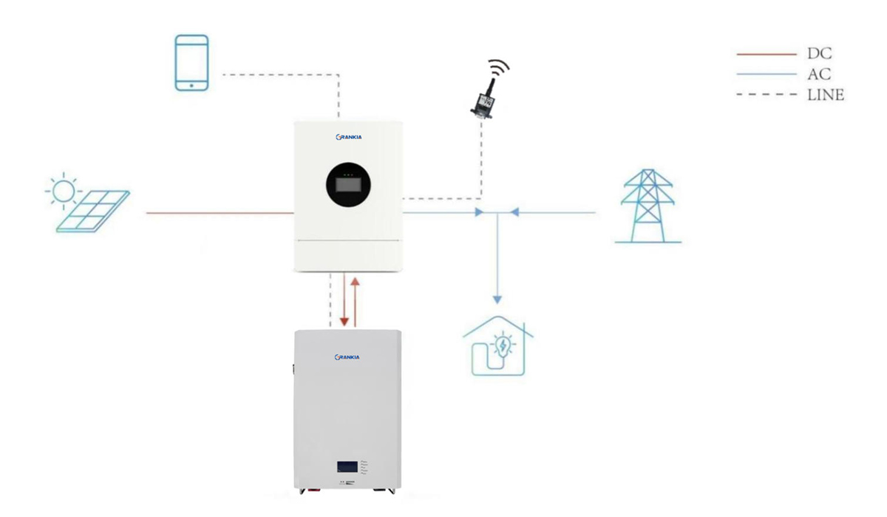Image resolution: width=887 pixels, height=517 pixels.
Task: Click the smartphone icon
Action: [x=191, y=63]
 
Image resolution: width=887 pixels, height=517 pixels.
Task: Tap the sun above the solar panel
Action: [x=63, y=191]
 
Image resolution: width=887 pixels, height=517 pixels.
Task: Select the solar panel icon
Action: [x=93, y=212]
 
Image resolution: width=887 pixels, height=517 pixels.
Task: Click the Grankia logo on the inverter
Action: [x=348, y=137]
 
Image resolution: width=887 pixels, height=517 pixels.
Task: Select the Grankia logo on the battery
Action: [x=347, y=357]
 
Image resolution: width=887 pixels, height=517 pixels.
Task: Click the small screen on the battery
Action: [x=347, y=467]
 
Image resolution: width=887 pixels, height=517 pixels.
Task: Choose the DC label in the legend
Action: [x=819, y=54]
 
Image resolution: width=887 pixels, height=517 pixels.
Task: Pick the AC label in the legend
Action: [x=819, y=74]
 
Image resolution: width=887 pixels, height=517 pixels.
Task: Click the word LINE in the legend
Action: [x=826, y=95]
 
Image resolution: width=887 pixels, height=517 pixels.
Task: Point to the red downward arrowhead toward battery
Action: [x=344, y=322]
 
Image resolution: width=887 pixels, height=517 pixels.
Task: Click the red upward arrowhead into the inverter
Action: [x=356, y=282]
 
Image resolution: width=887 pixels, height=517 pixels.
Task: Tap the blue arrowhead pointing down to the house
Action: [x=497, y=299]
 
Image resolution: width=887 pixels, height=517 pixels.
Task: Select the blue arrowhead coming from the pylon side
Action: [x=515, y=212]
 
